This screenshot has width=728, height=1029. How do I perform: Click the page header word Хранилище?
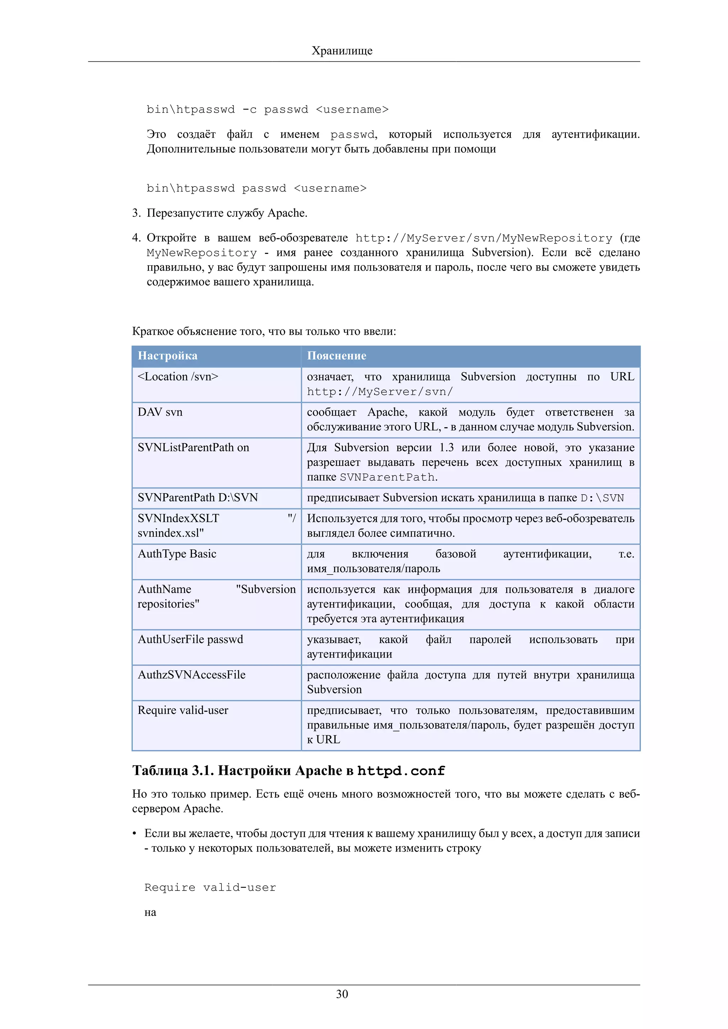342,51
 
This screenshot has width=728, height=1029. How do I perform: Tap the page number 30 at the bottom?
342,994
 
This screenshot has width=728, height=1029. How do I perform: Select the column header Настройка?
167,356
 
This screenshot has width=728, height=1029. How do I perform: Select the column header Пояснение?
336,356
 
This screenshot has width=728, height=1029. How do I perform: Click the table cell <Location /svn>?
178,377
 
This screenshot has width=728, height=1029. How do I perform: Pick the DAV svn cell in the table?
160,412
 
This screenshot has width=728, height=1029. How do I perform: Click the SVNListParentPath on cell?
193,448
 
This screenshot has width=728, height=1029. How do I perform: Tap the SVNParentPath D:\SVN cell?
198,498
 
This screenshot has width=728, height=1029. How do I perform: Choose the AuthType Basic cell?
177,554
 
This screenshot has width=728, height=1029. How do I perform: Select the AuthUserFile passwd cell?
190,639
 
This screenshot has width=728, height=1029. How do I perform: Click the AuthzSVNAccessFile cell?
192,675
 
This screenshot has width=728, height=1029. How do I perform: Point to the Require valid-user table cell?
183,710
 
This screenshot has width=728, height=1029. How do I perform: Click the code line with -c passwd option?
267,110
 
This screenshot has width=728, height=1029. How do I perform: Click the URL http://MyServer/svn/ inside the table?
380,392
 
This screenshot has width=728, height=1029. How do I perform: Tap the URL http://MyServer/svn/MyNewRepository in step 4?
483,238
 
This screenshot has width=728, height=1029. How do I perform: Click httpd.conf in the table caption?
401,771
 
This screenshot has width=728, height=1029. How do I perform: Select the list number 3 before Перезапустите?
136,213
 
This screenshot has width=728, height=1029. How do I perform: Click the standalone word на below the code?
150,913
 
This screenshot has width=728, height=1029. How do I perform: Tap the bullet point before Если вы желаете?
134,834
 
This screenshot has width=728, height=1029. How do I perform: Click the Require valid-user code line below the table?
210,888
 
